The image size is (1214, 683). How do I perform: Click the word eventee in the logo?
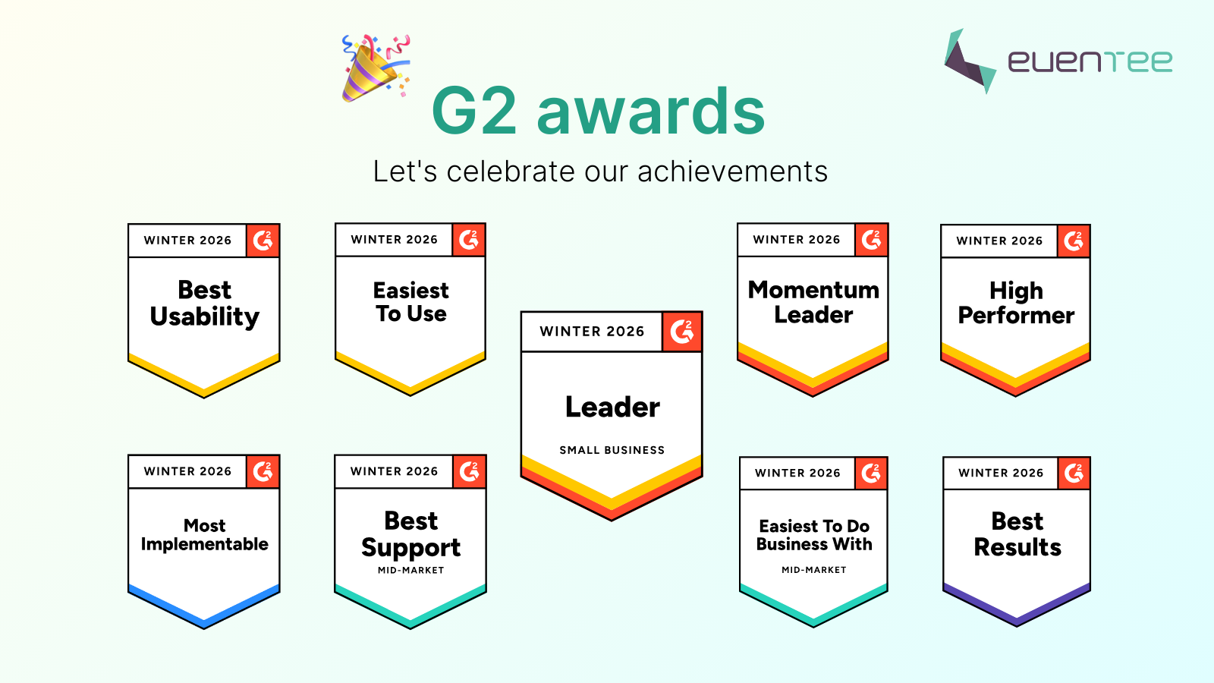1090,61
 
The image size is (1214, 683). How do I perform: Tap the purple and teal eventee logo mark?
969,61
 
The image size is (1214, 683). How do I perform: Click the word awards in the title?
651,112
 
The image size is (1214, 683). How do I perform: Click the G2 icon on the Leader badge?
681,332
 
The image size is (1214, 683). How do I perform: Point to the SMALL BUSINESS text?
612,450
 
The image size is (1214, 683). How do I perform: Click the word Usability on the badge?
205,316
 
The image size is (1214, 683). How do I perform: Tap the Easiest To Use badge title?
410,302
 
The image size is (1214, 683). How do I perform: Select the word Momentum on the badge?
813,290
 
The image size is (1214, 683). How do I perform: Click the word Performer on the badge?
1016,316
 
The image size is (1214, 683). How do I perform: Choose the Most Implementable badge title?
205,535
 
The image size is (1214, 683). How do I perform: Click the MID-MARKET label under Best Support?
410,571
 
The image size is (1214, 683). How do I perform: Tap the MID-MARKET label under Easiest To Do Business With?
813,570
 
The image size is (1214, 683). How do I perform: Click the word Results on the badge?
1017,547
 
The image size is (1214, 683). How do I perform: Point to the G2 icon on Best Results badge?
1074,473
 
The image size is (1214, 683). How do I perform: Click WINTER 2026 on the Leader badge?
592,332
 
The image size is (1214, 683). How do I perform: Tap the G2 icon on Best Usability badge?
263,241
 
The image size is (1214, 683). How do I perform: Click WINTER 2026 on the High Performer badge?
999,241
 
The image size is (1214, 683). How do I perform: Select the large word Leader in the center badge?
612,408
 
